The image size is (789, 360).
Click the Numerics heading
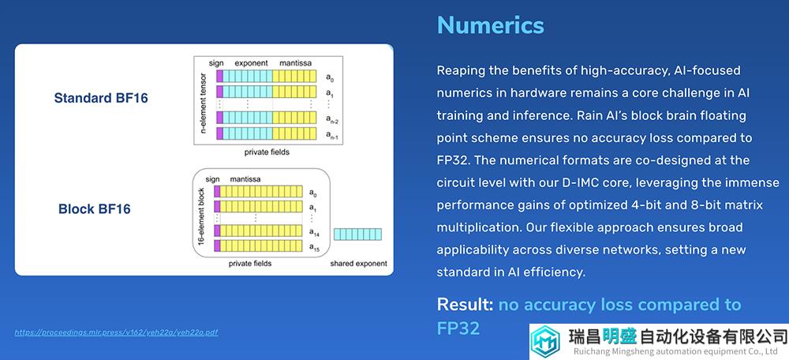(490, 24)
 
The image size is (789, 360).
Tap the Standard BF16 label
(101, 98)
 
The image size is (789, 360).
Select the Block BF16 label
(94, 208)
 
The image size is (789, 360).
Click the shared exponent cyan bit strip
(357, 234)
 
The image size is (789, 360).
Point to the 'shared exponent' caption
(358, 264)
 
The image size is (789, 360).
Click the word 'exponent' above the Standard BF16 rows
(251, 63)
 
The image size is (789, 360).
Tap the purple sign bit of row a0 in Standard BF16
(219, 77)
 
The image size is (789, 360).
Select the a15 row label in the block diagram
(313, 247)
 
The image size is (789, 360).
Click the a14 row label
(313, 232)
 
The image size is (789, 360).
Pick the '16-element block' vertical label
(201, 217)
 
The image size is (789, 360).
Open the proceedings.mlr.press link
(116, 332)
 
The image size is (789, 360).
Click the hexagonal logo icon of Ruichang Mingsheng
(546, 341)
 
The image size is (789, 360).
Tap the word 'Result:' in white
(465, 305)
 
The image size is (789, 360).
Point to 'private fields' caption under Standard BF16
(267, 152)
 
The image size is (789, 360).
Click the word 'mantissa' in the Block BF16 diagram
(245, 178)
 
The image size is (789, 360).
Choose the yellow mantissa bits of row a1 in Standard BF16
(294, 92)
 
